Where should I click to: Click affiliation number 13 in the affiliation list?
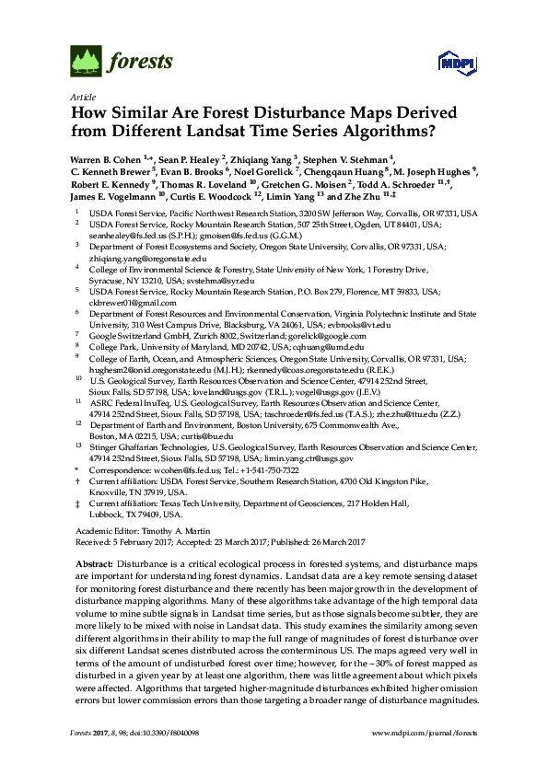tap(78, 443)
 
